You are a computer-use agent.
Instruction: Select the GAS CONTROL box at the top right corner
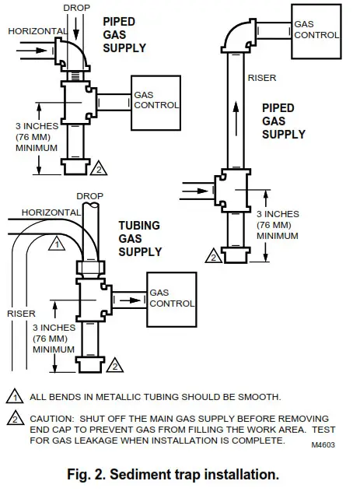click(316, 30)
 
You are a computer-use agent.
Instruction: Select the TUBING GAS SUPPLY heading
click(140, 238)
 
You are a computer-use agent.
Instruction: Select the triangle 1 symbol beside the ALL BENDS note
click(15, 397)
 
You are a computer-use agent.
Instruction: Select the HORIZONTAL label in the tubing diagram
click(50, 212)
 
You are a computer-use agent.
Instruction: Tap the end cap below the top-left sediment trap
click(76, 166)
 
